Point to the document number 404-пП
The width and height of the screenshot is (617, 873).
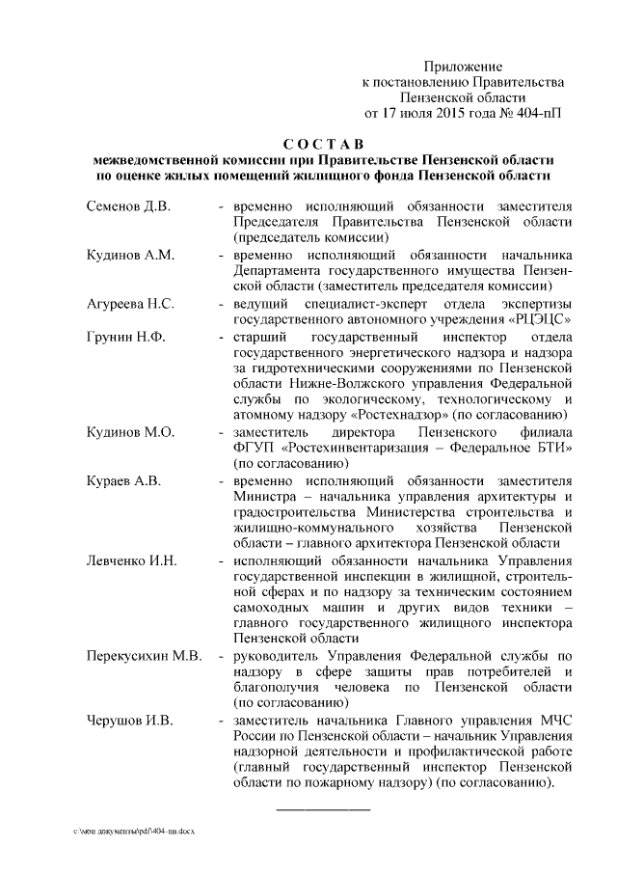(537, 113)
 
